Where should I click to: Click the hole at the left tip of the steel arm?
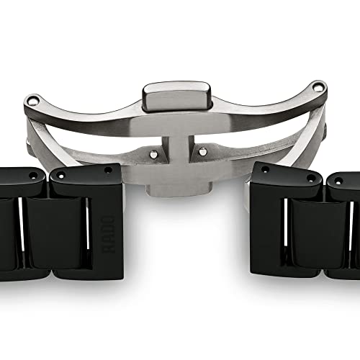33,100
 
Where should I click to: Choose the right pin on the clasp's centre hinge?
202,151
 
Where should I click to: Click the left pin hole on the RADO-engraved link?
61,175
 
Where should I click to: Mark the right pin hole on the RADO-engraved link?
108,171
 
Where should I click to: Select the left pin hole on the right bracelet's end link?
264,171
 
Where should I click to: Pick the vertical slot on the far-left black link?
20,230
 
